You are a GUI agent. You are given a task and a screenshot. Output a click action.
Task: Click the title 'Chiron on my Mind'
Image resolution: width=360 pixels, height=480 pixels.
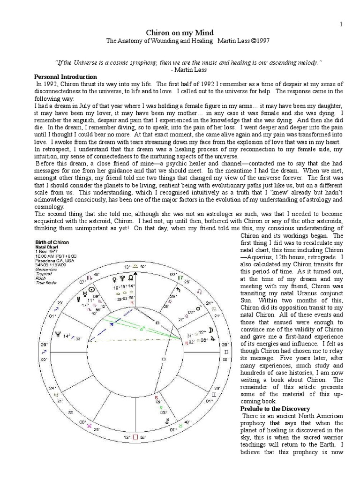click(x=180, y=32)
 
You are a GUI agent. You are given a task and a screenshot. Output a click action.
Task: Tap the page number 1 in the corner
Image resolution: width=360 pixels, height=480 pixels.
click(x=342, y=24)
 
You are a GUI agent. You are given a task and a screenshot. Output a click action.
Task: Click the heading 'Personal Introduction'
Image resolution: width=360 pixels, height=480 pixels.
click(x=66, y=76)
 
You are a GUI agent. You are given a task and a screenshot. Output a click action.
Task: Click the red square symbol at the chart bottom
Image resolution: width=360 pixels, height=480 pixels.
click(x=136, y=437)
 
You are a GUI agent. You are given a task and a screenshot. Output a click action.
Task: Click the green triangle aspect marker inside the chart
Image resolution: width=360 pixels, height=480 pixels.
click(x=143, y=328)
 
